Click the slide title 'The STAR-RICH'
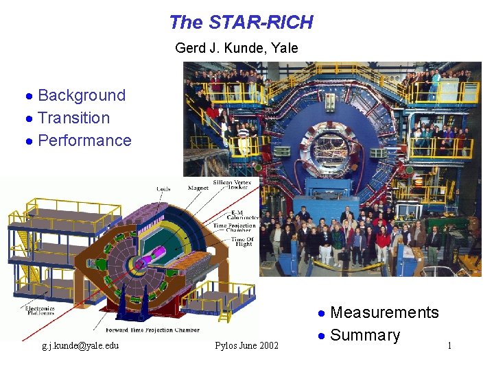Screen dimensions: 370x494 241,23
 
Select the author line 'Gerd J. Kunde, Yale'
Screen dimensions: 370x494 237,48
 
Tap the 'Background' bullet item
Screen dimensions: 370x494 82,95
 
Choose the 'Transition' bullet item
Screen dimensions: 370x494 73,118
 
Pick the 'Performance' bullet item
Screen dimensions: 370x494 84,140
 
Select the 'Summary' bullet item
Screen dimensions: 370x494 364,335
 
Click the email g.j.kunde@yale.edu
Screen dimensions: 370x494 80,345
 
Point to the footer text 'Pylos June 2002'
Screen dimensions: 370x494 246,345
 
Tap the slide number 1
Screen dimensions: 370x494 449,345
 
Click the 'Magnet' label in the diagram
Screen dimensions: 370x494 198,188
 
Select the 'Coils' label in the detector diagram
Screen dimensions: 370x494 163,188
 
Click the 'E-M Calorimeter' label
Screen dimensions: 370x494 236,213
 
